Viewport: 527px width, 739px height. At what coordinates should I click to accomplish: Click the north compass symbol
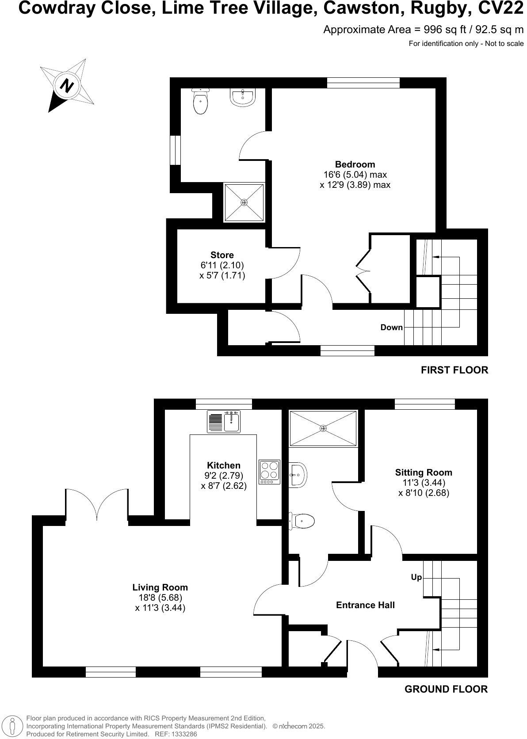(x=67, y=85)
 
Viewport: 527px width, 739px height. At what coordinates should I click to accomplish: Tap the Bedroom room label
(x=355, y=164)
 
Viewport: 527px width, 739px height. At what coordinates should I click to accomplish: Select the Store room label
(x=222, y=255)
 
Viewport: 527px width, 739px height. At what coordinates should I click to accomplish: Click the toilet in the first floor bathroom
(x=200, y=101)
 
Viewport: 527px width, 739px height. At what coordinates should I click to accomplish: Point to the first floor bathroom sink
(x=242, y=97)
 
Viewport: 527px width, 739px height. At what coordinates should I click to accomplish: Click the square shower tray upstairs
(x=244, y=202)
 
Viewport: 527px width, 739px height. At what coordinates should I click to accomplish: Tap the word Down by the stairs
(x=392, y=328)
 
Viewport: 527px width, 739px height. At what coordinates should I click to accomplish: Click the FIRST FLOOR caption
(x=454, y=370)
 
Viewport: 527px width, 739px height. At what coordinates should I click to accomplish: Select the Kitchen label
(x=224, y=465)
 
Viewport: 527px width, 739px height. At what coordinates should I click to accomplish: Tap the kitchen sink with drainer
(x=224, y=421)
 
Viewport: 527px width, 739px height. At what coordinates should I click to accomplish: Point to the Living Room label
(x=160, y=587)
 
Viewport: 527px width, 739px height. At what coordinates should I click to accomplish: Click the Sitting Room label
(x=424, y=472)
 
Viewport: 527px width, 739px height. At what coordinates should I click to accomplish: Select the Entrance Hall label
(x=365, y=605)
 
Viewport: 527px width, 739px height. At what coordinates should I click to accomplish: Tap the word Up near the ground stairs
(x=416, y=577)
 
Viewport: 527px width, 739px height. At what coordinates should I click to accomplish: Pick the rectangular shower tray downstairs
(x=323, y=428)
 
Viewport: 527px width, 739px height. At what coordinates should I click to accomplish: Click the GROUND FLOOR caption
(x=446, y=689)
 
